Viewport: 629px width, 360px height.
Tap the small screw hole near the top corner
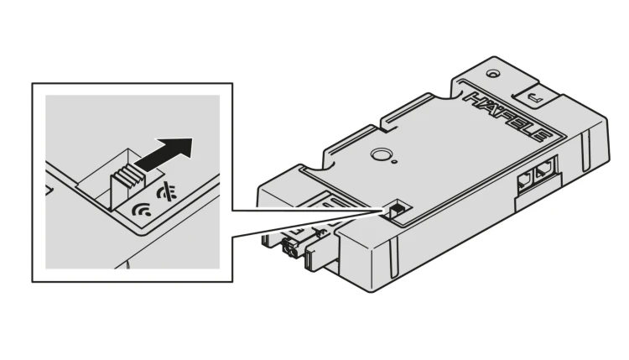coord(491,74)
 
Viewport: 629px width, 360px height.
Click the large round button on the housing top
coord(379,154)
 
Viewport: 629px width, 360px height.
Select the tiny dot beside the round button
coord(395,162)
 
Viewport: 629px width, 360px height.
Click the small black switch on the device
coord(395,209)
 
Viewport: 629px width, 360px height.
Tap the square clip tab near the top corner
coord(536,96)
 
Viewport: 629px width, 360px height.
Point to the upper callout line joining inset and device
coord(306,210)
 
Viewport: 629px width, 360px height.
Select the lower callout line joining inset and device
coord(306,225)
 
